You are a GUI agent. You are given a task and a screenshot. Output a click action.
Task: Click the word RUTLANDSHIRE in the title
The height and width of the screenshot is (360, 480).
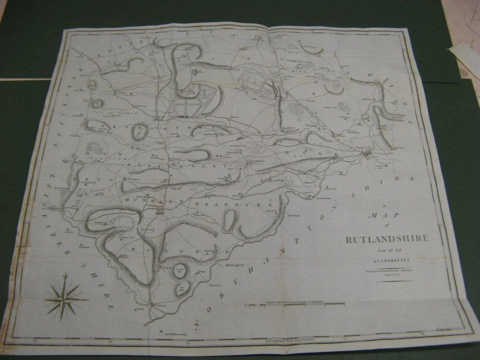[387, 238]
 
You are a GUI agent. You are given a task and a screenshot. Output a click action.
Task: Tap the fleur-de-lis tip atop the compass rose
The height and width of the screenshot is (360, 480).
[65, 275]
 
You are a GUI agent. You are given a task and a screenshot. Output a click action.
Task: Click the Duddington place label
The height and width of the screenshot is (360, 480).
[325, 198]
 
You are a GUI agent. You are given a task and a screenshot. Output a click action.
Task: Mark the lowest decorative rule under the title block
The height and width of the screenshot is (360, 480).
[395, 281]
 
